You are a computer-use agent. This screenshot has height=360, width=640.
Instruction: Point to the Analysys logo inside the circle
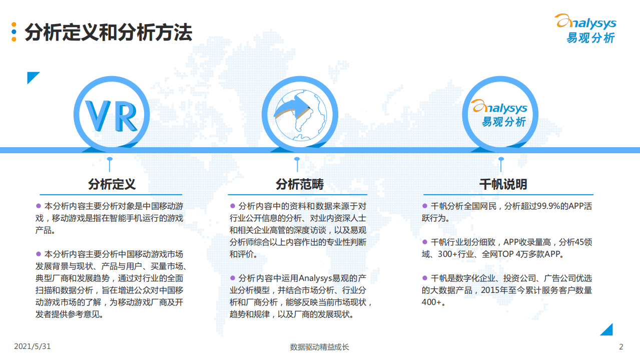(500, 114)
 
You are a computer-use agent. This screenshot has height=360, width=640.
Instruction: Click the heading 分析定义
(112, 184)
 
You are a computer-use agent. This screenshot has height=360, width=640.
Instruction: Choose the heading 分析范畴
(299, 184)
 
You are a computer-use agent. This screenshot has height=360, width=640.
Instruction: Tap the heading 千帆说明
(502, 184)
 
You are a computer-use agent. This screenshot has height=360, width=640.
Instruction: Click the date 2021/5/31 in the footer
(33, 346)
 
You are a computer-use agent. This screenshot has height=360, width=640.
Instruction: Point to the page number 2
(621, 346)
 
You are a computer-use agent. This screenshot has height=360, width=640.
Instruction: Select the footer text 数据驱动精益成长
(319, 347)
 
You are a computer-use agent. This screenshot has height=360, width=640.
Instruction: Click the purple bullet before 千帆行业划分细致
(425, 242)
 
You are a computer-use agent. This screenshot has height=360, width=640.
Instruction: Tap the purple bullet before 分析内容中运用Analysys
(233, 278)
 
